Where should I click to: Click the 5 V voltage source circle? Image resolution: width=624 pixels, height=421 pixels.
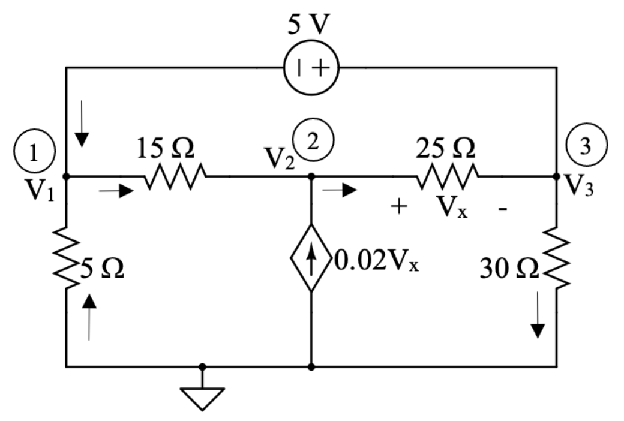coord(311,68)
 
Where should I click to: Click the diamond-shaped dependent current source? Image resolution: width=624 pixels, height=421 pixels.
coord(311,258)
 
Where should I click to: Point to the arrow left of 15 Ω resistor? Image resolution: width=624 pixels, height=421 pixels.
coord(116,191)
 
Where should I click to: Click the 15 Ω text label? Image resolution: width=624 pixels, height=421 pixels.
coord(165,149)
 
